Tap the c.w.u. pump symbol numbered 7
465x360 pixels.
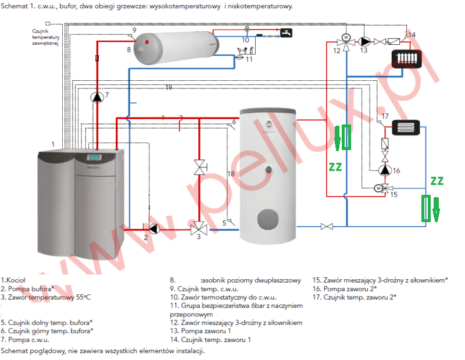(96, 97)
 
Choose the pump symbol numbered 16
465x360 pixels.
(384, 170)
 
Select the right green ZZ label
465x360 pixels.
(437, 181)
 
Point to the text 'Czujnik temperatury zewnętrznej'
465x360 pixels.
(46, 38)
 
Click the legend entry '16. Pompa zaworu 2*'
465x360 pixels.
(344, 288)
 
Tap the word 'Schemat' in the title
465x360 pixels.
(15, 6)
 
